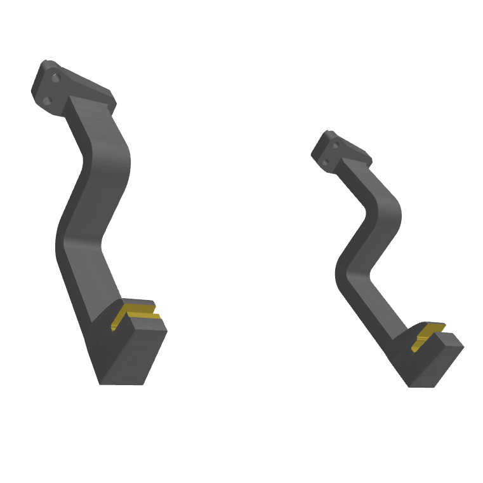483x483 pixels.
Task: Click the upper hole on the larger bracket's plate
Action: [x=56, y=78]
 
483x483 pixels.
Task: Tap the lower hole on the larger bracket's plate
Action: [x=46, y=100]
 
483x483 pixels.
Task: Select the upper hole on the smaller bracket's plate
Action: [x=336, y=145]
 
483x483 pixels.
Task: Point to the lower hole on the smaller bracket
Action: [x=326, y=163]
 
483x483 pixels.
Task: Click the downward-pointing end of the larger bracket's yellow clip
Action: [x=114, y=328]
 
